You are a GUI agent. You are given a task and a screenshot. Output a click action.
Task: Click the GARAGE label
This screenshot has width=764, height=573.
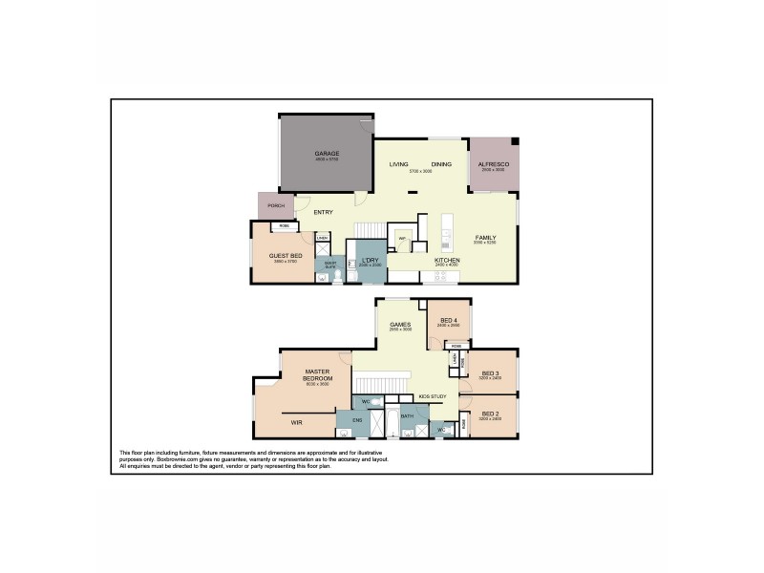click(328, 153)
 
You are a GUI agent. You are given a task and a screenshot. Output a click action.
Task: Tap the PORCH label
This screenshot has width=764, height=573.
click(275, 206)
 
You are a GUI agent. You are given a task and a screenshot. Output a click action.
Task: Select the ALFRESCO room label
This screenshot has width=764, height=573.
click(493, 165)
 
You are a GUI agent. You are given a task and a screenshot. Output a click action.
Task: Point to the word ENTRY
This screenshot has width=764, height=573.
click(323, 212)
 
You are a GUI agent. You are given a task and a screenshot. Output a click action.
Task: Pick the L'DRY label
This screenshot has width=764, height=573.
click(370, 260)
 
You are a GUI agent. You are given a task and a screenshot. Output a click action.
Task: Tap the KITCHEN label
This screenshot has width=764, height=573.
click(447, 260)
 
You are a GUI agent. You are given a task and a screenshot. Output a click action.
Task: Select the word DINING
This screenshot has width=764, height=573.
click(441, 165)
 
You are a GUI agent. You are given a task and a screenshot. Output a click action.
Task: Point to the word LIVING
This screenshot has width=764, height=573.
click(398, 165)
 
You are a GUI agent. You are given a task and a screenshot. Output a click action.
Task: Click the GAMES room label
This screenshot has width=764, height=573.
click(400, 325)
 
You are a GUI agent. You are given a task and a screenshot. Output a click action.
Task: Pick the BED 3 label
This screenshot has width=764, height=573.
click(491, 372)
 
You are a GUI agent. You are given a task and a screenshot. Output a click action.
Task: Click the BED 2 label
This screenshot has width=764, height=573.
click(491, 415)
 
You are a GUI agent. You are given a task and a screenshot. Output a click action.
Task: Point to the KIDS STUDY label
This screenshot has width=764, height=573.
click(432, 396)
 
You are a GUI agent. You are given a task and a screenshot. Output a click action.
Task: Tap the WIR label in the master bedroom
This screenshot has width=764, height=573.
click(297, 421)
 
